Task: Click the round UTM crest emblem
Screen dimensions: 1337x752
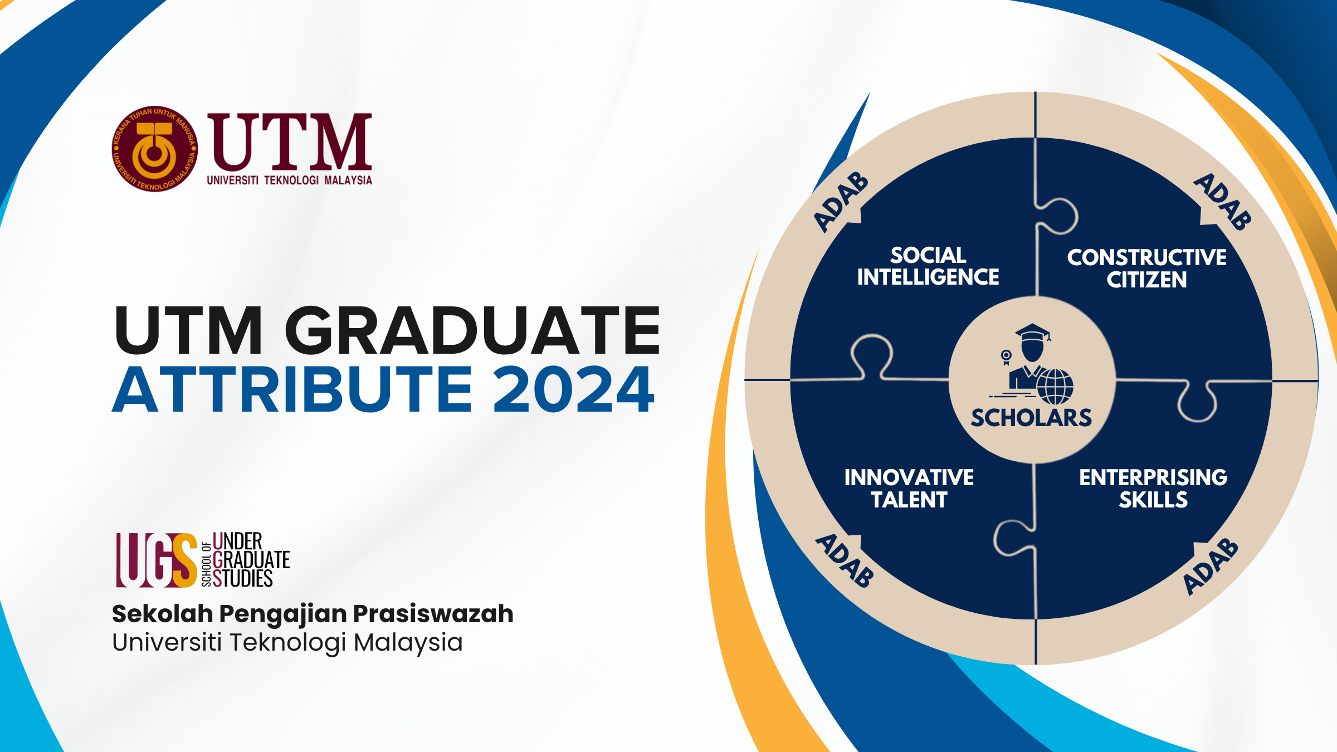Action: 154,149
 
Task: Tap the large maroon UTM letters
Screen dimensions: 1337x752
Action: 289,142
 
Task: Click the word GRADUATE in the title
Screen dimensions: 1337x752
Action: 472,330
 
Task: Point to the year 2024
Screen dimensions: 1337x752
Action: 574,389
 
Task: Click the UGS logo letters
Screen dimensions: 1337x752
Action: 157,560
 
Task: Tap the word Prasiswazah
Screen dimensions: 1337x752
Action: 433,614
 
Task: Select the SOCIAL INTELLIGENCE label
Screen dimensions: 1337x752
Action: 928,266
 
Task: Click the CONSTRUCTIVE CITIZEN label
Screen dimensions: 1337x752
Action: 1146,268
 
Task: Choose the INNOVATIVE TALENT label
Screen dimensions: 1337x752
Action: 909,489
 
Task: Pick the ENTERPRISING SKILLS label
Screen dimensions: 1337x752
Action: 1153,489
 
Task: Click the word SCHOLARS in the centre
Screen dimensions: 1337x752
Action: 1031,418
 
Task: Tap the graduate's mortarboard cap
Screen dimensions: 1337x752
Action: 1033,333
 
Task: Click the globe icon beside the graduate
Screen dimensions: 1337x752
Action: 1055,386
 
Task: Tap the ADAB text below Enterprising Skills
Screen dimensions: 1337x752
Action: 1211,567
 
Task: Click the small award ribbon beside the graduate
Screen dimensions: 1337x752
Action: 1006,357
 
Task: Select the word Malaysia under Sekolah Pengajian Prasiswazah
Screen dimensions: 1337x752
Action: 408,642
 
